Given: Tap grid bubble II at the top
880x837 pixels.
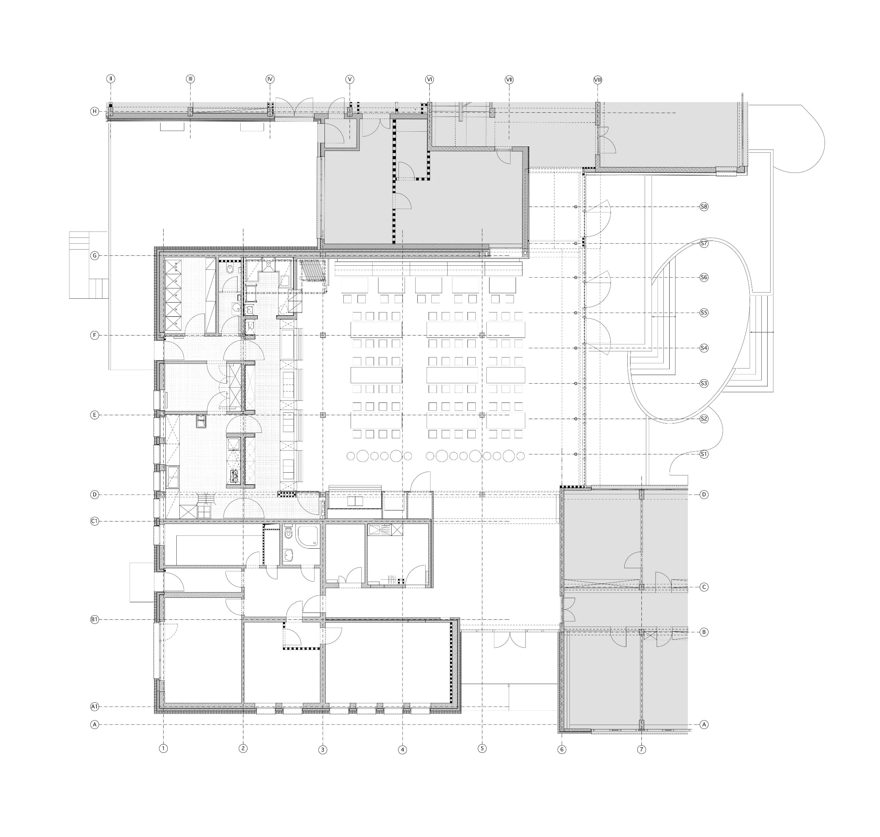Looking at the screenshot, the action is tap(111, 79).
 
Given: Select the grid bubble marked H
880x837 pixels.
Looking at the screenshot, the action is tap(95, 111).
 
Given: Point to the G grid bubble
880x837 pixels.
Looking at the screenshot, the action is tap(95, 256).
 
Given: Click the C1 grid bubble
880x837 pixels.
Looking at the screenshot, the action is tap(95, 521).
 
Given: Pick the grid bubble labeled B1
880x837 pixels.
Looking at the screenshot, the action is tap(95, 620).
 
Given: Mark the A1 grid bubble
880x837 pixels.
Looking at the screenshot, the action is tap(95, 707).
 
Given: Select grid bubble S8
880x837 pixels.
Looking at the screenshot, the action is tap(704, 207).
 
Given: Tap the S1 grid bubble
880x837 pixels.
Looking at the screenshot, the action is tap(704, 454).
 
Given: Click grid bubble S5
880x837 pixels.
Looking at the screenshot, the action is tap(704, 313).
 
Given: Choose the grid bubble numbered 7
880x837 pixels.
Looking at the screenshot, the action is tap(641, 750).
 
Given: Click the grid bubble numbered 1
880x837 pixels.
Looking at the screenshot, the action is tap(163, 749).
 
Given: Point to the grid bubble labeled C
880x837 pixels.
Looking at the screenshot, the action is tap(704, 587).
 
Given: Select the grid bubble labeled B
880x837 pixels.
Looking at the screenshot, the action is tap(704, 632).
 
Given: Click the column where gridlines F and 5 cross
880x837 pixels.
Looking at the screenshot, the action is tap(482, 335).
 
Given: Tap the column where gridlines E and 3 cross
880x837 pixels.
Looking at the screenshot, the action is tap(323, 415).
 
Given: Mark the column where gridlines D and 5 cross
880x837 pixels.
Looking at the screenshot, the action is tap(482, 494).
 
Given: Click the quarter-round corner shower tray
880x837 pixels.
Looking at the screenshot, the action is tap(308, 537).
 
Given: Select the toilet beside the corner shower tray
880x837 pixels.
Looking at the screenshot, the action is tap(288, 532).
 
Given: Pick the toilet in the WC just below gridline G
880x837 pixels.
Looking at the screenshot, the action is tap(229, 269).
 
